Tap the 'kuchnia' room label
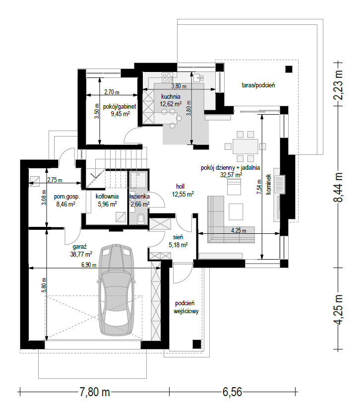pyautogui.click(x=171, y=97)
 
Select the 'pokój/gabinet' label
pyautogui.click(x=120, y=107)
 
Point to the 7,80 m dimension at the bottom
pyautogui.click(x=95, y=392)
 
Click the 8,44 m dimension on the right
pyautogui.click(x=338, y=187)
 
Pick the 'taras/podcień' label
pyautogui.click(x=258, y=85)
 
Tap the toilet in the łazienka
pyautogui.click(x=141, y=219)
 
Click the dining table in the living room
pyautogui.click(x=245, y=146)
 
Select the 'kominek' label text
pyautogui.click(x=268, y=184)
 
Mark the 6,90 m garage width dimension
pyautogui.click(x=89, y=265)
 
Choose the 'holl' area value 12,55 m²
pyautogui.click(x=183, y=194)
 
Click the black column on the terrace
pyautogui.click(x=289, y=69)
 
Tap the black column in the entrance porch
pyautogui.click(x=196, y=344)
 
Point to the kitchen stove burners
pyautogui.click(x=167, y=77)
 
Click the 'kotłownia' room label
pyautogui.click(x=107, y=197)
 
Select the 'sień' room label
pyautogui.click(x=178, y=237)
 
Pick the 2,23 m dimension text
pyautogui.click(x=338, y=84)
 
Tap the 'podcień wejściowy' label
pyautogui.click(x=186, y=307)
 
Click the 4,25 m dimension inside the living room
pyautogui.click(x=239, y=230)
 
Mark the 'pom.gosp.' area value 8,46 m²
pyautogui.click(x=66, y=204)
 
